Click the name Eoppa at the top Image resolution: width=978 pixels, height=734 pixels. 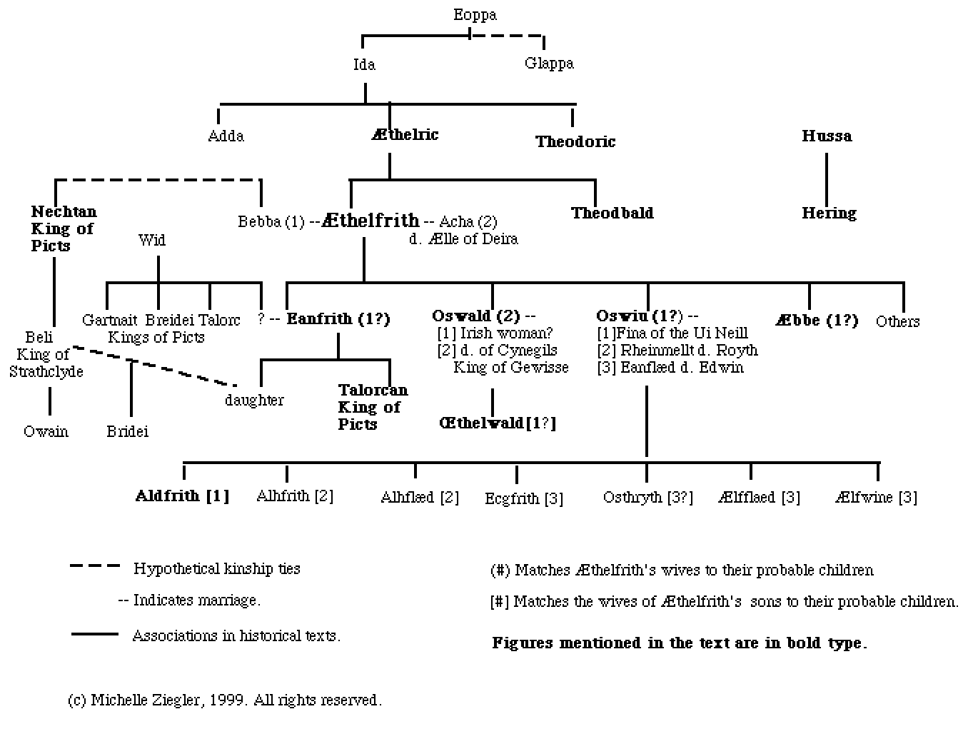[475, 15]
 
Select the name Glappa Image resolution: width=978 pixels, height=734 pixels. [549, 64]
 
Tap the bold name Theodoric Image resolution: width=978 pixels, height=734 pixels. [575, 141]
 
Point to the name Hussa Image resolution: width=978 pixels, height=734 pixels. [827, 136]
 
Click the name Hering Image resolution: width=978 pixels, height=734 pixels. [829, 213]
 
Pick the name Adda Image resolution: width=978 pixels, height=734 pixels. [226, 136]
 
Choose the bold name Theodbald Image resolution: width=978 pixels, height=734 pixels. [612, 213]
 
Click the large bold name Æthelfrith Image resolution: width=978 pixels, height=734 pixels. [370, 220]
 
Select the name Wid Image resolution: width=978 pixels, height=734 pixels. [152, 240]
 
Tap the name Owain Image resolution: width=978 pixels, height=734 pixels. [46, 431]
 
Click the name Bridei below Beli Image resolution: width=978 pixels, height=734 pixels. [128, 431]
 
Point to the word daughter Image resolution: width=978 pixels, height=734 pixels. [254, 400]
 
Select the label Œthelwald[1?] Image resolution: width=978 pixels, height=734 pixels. [497, 423]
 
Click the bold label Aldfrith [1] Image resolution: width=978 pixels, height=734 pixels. [183, 496]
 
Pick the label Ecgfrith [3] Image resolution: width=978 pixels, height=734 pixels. [524, 498]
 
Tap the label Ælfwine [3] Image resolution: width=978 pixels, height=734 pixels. [876, 497]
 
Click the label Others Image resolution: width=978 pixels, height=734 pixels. [897, 321]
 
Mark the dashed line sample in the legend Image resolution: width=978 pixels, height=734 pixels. [95, 566]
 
